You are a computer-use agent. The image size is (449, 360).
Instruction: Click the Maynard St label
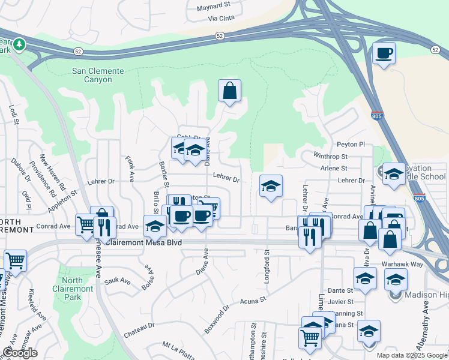pyautogui.click(x=214, y=8)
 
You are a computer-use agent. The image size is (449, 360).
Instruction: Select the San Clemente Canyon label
pyautogui.click(x=98, y=75)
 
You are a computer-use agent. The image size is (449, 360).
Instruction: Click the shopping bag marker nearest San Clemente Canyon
pyautogui.click(x=229, y=91)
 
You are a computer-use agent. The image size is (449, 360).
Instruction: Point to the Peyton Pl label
pyautogui.click(x=351, y=145)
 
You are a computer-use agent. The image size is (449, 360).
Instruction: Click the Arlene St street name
pyautogui.click(x=334, y=169)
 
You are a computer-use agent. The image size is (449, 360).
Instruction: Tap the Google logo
pyautogui.click(x=20, y=353)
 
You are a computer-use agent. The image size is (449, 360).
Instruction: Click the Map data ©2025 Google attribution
pyautogui.click(x=411, y=355)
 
